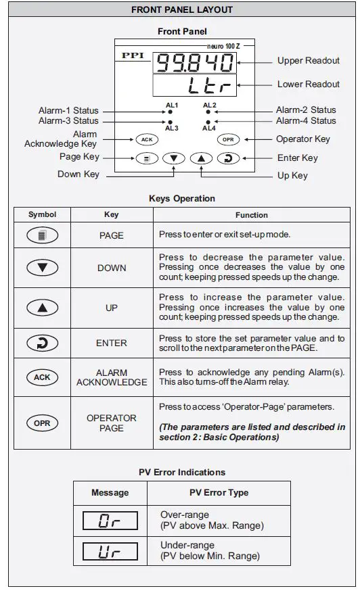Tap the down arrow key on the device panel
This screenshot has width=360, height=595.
pos(174,158)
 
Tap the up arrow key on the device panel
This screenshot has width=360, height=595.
pos(201,158)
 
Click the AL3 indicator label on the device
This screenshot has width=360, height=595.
pos(171,128)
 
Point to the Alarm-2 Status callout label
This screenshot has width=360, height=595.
pos(305,110)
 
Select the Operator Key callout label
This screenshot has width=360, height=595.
pos(302,139)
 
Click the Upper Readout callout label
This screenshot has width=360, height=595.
pos(308,61)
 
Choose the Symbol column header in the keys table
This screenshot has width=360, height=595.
pos(42,215)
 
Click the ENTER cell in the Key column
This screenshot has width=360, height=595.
pos(112,343)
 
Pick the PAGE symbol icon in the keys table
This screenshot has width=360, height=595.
pos(42,235)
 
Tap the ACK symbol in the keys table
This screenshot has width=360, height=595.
pos(42,377)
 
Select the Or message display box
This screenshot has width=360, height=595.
pos(110,520)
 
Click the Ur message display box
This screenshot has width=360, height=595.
pos(110,551)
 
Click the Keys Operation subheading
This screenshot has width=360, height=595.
pos(181,199)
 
